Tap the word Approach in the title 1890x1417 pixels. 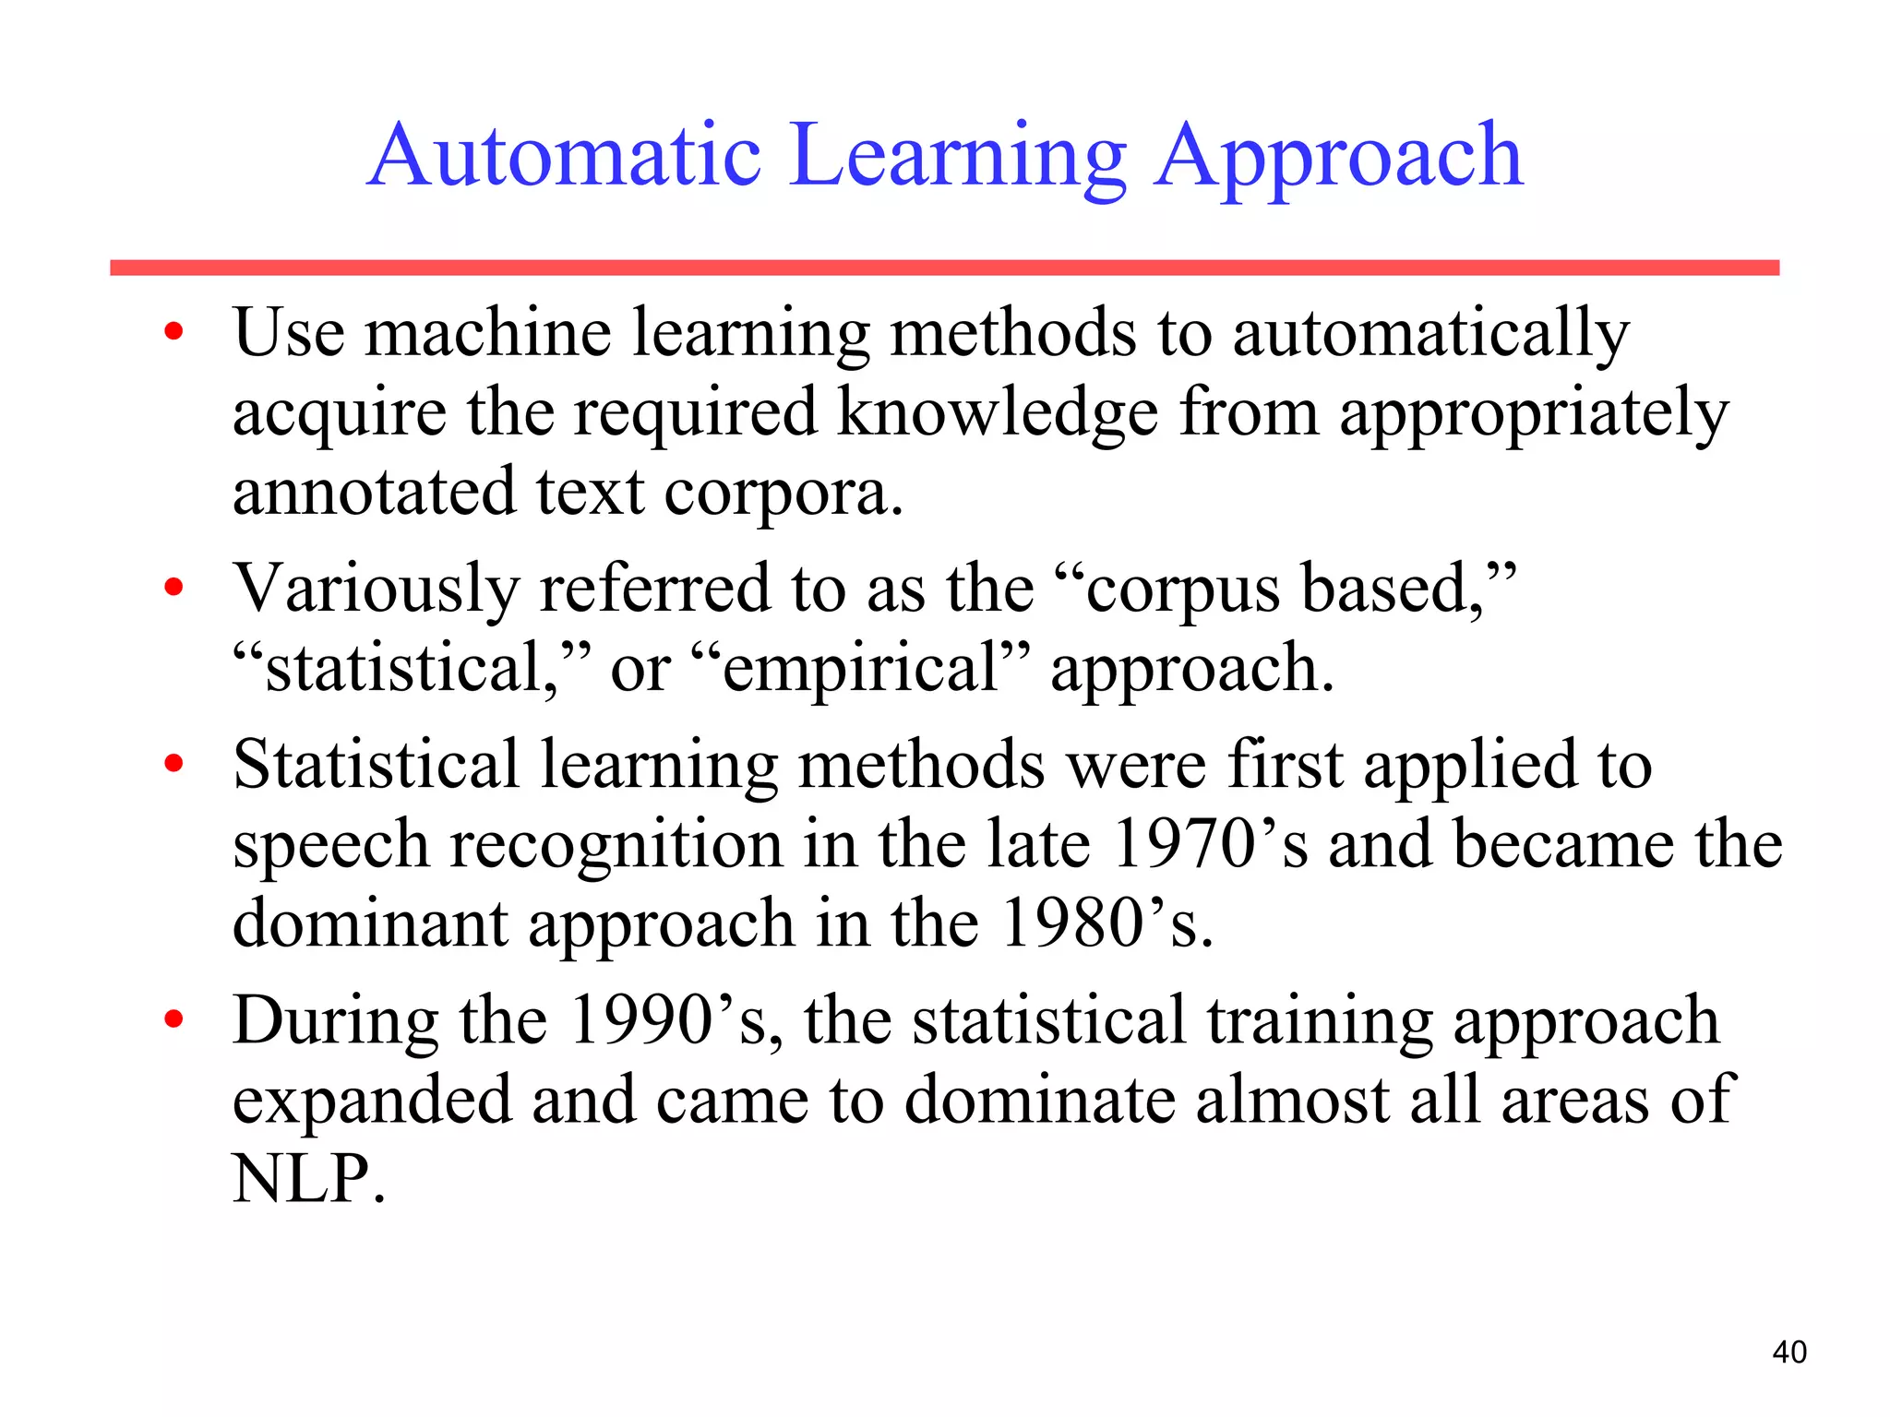(1338, 159)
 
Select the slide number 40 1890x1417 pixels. (1788, 1352)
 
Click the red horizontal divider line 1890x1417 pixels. (944, 268)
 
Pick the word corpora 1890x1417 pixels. (783, 494)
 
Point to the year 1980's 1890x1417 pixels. (1106, 923)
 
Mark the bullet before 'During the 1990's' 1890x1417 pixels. (173, 1020)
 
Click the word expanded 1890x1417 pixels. (371, 1101)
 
